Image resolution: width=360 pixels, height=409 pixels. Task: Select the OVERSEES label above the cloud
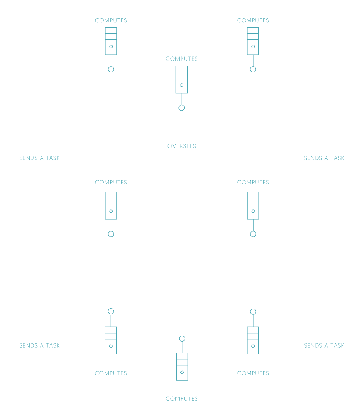[x=182, y=146]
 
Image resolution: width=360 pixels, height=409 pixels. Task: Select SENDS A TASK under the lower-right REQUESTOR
[x=324, y=345]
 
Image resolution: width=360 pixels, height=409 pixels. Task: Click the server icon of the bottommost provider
[x=182, y=366]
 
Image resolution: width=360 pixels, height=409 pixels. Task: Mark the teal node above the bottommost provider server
[x=182, y=338]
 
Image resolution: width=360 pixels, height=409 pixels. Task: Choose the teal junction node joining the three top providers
[x=182, y=108]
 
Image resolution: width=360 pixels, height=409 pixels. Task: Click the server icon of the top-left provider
[x=111, y=41]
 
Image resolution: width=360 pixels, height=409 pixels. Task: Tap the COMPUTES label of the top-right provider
[x=253, y=20]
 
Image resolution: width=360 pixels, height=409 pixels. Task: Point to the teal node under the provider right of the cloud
[x=253, y=234]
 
